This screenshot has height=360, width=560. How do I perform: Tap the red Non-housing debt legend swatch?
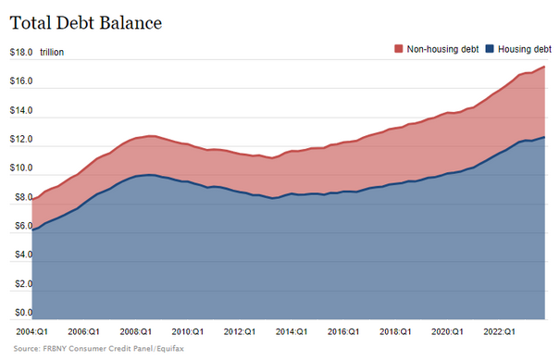[x=399, y=48]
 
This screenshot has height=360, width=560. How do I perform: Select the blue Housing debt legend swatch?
[x=490, y=48]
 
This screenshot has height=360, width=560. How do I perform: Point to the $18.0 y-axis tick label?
[x=20, y=53]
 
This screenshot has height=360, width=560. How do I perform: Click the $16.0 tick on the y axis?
[x=20, y=82]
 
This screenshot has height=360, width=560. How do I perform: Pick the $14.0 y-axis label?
[x=20, y=111]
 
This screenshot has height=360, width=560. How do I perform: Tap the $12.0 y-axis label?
[x=20, y=140]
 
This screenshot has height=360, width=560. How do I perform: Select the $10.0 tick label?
[x=20, y=168]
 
